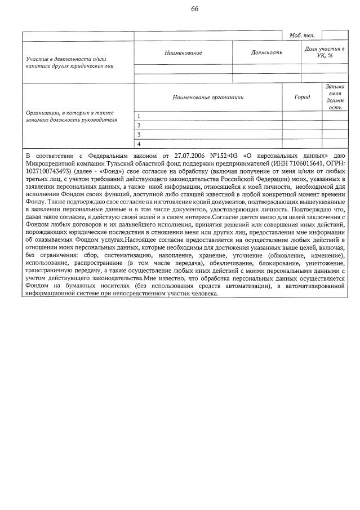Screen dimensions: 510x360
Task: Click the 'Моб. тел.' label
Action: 302,36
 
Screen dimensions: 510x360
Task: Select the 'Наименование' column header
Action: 183,52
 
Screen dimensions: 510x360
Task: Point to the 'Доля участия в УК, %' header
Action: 325,52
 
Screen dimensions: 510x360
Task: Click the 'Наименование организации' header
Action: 208,97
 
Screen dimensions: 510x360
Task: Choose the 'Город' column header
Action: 302,97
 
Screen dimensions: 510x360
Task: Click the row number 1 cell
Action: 139,116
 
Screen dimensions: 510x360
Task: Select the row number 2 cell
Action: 139,125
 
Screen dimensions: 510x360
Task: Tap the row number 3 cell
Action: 139,135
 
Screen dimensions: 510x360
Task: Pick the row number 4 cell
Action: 139,144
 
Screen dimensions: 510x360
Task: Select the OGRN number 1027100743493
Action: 51,171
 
